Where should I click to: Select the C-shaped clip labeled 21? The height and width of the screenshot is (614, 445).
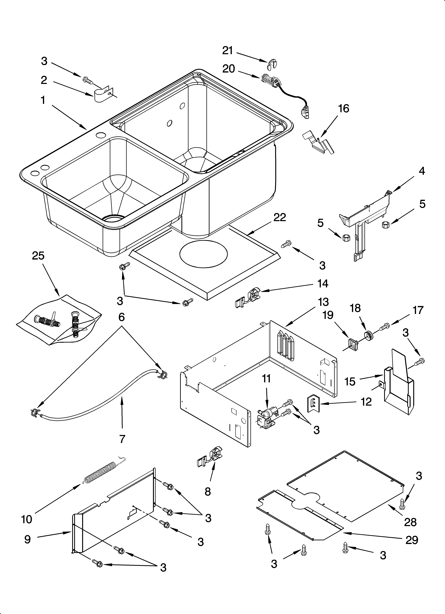click(270, 64)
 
